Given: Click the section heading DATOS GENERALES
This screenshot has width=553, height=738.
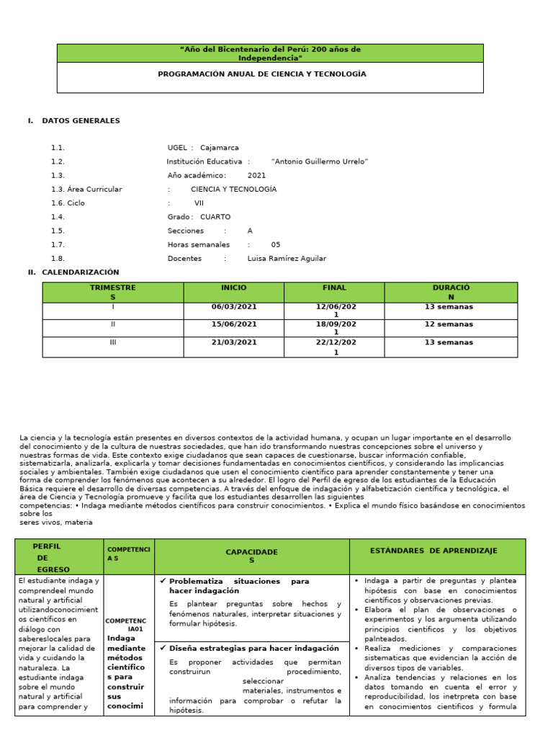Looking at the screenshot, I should (x=81, y=120).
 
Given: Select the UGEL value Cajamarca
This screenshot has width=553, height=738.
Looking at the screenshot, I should (x=220, y=148).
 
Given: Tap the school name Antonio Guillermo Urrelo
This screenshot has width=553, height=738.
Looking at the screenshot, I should (x=320, y=161).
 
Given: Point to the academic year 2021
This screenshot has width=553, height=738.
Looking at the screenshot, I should (x=256, y=175).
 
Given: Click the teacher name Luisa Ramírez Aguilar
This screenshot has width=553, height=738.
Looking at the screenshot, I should (x=287, y=258).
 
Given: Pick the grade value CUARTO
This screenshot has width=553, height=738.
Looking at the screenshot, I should (x=215, y=216).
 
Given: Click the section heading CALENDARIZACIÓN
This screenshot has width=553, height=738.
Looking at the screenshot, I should (x=81, y=272).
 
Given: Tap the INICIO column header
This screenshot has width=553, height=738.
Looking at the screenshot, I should (x=233, y=288).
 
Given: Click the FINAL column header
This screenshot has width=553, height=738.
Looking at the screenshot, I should (x=334, y=288).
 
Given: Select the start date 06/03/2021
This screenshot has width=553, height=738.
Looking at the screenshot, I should (x=233, y=306).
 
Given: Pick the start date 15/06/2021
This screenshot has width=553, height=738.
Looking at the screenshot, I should (x=233, y=324).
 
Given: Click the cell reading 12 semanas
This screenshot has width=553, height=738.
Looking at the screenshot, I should (x=449, y=324).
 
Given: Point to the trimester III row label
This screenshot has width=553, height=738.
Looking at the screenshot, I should (x=112, y=342).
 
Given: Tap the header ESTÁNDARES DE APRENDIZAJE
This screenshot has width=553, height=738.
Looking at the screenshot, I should (x=433, y=551).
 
